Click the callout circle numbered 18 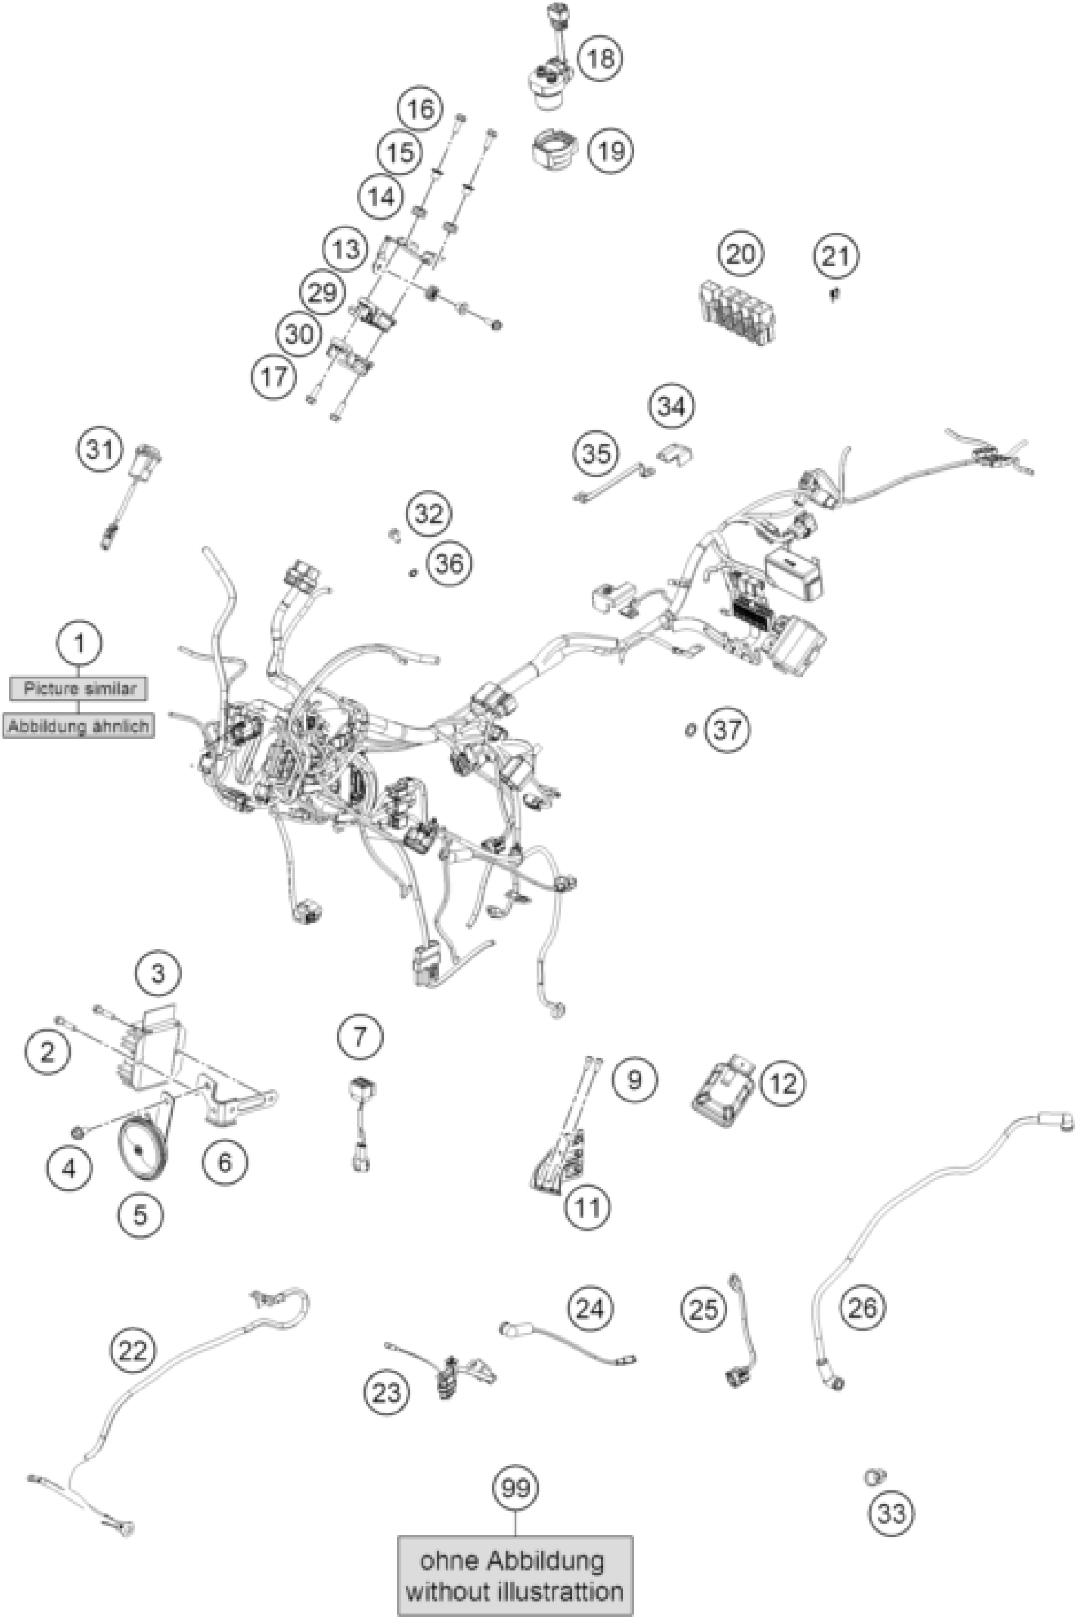[601, 58]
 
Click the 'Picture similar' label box [78, 688]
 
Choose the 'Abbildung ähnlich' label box [78, 725]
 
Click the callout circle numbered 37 [727, 730]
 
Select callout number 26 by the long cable [863, 1308]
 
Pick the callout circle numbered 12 [783, 1084]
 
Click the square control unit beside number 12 [723, 1086]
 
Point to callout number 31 [99, 450]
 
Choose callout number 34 [672, 407]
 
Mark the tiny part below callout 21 [834, 295]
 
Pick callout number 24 [590, 1309]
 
